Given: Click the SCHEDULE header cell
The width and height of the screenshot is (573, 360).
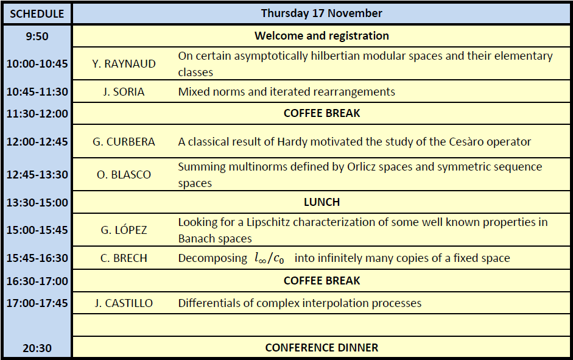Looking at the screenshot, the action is click(37, 13).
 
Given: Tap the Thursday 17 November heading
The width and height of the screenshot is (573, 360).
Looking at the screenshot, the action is click(322, 13).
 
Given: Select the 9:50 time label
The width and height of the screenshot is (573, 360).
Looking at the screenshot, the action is click(37, 36).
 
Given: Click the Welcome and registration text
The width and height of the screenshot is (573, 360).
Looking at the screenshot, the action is click(322, 36).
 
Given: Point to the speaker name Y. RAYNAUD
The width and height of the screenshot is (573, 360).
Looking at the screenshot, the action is click(124, 64).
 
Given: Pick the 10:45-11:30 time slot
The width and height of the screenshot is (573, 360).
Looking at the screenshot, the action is click(37, 92).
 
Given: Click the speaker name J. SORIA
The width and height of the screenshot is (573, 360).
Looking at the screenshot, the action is click(124, 92).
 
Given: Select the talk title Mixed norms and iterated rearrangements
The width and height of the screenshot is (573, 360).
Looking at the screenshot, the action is click(286, 92).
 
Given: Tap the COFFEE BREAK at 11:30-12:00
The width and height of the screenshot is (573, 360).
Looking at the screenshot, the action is click(322, 113).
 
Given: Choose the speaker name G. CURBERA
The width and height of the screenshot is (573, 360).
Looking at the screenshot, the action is click(124, 142).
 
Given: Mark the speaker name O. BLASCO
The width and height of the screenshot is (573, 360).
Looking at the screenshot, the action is click(124, 175).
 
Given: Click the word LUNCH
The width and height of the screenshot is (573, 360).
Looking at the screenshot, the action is click(322, 202).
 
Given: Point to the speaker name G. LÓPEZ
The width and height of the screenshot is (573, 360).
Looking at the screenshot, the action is click(124, 230).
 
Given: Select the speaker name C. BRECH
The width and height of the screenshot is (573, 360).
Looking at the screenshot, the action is click(124, 258).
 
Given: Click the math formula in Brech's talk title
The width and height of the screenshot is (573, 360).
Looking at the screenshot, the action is click(269, 258).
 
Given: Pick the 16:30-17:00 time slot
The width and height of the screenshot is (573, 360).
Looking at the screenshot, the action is click(37, 281).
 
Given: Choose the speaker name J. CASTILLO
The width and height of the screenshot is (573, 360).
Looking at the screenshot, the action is click(124, 303).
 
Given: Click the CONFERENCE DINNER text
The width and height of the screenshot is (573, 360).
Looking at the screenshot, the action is click(322, 348).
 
